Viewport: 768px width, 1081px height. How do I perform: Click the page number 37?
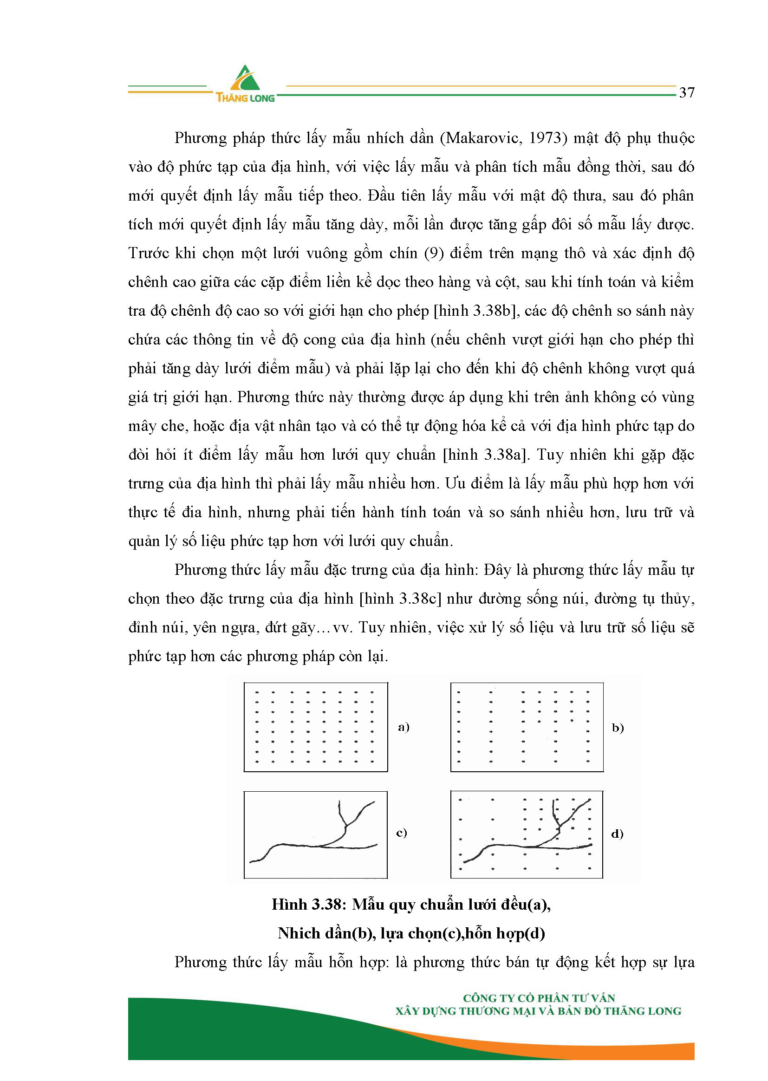687,92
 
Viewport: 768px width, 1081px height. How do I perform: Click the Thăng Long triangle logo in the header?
245,78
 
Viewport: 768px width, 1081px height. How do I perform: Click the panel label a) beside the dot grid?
404,727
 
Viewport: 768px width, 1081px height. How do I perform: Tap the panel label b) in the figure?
618,727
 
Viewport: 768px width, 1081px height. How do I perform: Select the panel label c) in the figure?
402,832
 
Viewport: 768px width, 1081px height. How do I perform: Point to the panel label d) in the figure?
617,833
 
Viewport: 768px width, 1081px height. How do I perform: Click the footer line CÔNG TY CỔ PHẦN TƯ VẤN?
539,998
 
